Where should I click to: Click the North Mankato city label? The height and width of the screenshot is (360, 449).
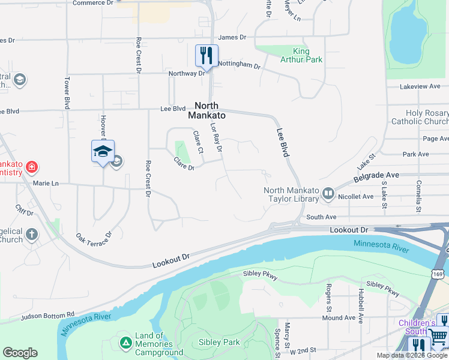click(207, 110)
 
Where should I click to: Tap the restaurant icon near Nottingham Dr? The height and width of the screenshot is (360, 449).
click(206, 56)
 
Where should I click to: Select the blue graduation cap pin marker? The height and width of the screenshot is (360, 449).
click(103, 151)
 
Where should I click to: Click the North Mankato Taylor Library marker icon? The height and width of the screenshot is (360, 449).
click(328, 193)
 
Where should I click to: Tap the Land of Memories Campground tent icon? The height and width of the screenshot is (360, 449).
click(125, 343)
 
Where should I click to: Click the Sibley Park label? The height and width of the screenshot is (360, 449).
click(219, 343)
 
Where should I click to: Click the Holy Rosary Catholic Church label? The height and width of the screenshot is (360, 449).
click(419, 117)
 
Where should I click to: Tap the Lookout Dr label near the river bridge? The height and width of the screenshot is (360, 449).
click(348, 230)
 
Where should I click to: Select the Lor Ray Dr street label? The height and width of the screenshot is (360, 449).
click(216, 137)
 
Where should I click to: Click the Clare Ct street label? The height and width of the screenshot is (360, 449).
click(197, 142)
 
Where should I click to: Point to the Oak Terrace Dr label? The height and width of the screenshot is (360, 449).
click(94, 242)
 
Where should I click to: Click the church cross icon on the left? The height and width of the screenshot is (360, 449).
click(31, 235)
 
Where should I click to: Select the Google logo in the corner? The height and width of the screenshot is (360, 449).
click(20, 353)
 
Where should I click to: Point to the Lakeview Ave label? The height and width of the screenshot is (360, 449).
click(421, 86)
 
